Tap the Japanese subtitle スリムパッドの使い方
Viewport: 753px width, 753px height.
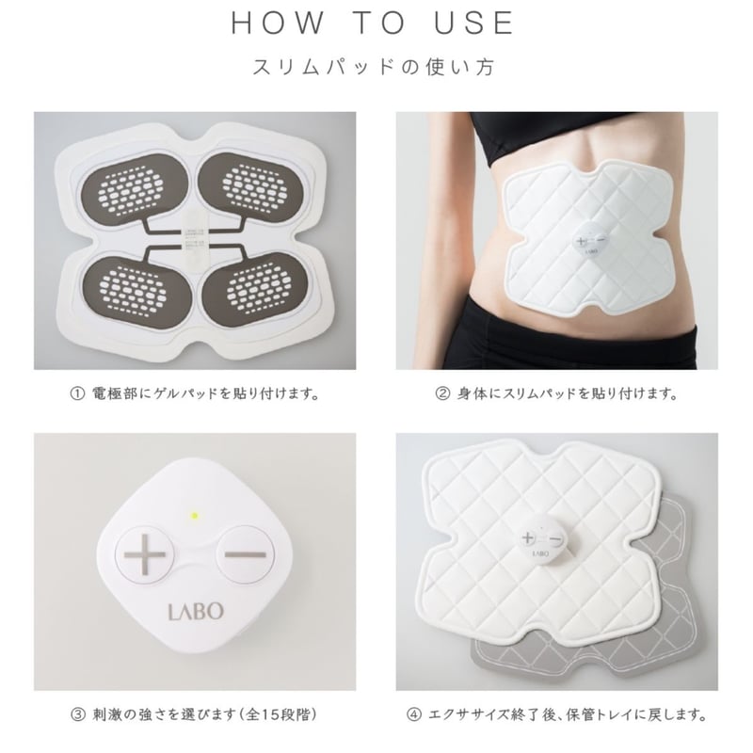(x=373, y=67)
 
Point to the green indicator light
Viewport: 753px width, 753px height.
(x=194, y=517)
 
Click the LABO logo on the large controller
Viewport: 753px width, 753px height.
(x=196, y=612)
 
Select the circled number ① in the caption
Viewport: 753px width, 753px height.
(x=77, y=394)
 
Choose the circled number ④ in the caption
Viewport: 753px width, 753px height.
(x=414, y=715)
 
